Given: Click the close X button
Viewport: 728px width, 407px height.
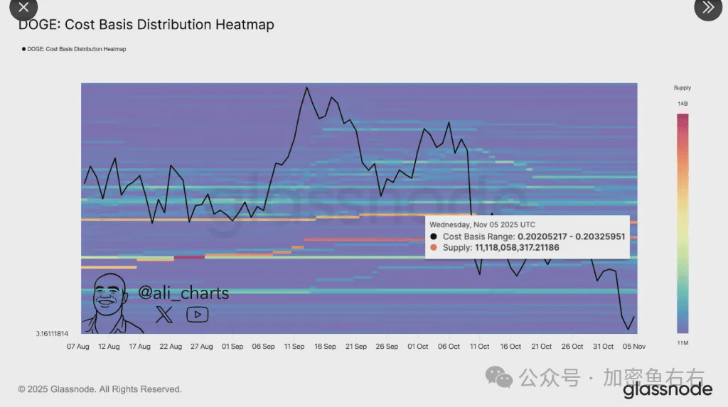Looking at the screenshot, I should click(23, 8).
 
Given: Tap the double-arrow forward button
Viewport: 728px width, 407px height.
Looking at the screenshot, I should click(707, 8).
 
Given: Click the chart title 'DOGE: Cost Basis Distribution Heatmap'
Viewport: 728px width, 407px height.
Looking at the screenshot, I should click(146, 25).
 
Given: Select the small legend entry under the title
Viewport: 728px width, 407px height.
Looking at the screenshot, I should click(74, 49).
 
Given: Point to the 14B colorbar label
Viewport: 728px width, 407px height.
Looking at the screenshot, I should click(682, 104).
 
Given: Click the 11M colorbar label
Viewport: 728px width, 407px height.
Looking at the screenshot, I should click(682, 343).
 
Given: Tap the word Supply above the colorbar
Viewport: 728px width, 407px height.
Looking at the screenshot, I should click(682, 88).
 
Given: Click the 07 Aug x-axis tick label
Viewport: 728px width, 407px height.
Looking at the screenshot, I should click(77, 347).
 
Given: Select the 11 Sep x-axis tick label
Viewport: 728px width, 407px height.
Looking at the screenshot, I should click(294, 347).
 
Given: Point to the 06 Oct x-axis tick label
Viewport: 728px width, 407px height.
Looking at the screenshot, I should click(449, 347).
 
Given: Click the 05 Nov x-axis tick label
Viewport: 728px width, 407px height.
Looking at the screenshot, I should click(634, 347).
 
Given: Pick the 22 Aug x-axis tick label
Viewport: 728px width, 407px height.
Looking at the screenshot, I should click(171, 347).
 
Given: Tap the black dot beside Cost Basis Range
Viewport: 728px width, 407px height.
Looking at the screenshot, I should click(434, 237).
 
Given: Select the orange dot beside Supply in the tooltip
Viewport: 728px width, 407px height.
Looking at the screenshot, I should click(434, 248).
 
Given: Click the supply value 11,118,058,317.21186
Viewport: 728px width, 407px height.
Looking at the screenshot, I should click(517, 248).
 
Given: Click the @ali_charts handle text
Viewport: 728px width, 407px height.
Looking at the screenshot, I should click(183, 293).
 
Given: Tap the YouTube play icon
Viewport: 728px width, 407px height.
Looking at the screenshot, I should click(197, 315).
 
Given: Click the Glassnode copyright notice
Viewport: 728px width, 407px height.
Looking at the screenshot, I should click(100, 389).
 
